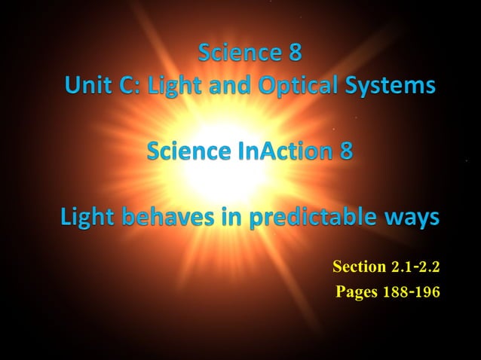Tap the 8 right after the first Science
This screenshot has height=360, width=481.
click(295, 53)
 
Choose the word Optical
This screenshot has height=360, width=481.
click(296, 86)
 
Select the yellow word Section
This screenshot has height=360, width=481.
click(359, 267)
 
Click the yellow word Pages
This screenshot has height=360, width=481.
click(356, 291)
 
